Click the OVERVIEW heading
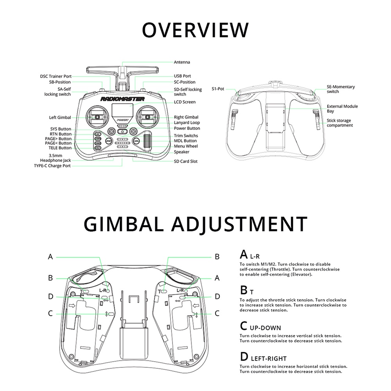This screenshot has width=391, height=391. click(x=195, y=30)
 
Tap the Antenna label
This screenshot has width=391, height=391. click(x=182, y=62)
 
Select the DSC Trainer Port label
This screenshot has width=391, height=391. click(x=56, y=76)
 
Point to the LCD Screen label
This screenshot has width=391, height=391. click(x=185, y=102)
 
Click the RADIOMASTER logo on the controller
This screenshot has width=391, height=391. click(x=122, y=99)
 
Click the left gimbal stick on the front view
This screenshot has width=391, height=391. click(x=97, y=117)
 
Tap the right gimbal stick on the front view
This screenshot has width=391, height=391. click(x=148, y=117)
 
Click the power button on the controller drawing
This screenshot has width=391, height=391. click(x=122, y=131)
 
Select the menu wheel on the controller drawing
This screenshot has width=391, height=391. click(x=147, y=142)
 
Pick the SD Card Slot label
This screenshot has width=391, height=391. click(x=185, y=161)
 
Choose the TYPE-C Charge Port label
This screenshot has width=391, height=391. click(x=52, y=166)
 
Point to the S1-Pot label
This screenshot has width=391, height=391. click(x=218, y=89)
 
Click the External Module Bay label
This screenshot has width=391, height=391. click(x=342, y=108)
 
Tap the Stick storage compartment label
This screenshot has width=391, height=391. click(x=340, y=123)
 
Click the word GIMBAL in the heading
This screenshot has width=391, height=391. click(x=124, y=224)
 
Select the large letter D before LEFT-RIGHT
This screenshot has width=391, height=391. click(x=244, y=357)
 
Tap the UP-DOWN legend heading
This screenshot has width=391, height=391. click(x=265, y=328)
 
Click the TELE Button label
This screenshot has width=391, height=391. click(x=60, y=148)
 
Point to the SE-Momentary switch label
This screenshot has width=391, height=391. click(x=341, y=89)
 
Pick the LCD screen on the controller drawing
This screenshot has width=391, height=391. click(x=122, y=110)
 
